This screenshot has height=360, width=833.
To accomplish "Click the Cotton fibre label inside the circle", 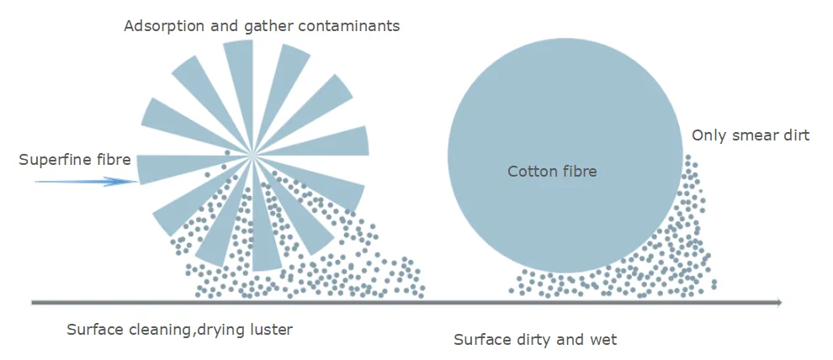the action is [552, 172].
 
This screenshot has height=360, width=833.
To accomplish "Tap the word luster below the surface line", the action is [269, 329].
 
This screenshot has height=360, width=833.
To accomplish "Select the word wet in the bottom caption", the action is [603, 340].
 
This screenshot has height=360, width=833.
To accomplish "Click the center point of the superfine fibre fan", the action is [252, 155].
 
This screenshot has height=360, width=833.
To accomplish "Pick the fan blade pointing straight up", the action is [239, 76].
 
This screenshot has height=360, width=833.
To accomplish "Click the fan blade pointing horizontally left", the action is [168, 167].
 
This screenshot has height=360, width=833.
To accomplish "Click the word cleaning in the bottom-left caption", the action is [159, 329].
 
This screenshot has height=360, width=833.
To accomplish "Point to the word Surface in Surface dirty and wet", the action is [482, 340].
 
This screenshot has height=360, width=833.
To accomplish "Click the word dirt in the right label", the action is [796, 135].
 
